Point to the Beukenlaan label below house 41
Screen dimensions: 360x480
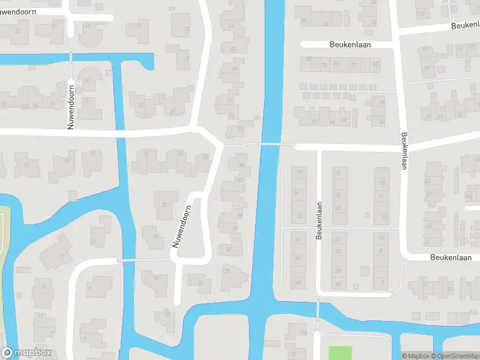pyautogui.click(x=455, y=257)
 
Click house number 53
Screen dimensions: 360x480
pyautogui.click(x=17, y=31)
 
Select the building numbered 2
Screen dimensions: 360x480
pyautogui.click(x=382, y=283)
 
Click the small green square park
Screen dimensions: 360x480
pyautogui.click(x=340, y=353)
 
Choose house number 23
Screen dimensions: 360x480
pyautogui.click(x=141, y=106)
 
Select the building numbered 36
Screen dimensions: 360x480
pyautogui.click(x=200, y=283)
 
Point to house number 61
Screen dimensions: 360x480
pyautogui.click(x=427, y=49)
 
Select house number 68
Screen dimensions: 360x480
pyautogui.click(x=376, y=63)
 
